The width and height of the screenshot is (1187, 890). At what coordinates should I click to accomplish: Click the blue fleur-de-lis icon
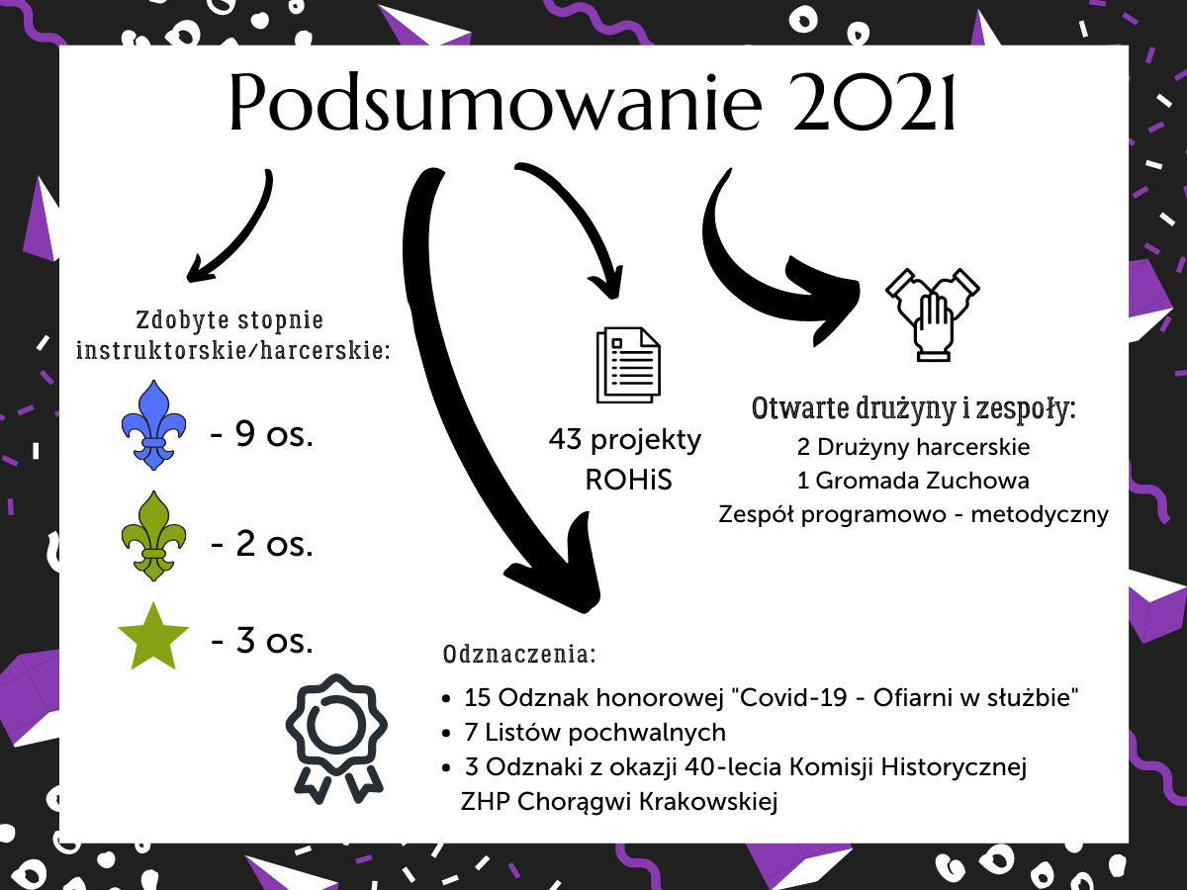pyautogui.click(x=154, y=425)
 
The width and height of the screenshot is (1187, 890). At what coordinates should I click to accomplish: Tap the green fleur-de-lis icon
pyautogui.click(x=154, y=536)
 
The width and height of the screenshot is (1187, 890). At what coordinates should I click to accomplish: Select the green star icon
pyautogui.click(x=153, y=637)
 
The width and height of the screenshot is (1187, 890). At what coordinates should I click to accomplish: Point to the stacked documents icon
pyautogui.click(x=628, y=365)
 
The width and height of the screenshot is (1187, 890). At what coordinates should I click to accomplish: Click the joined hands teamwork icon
pyautogui.click(x=933, y=314)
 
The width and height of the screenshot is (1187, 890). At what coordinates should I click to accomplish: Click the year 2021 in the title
pyautogui.click(x=873, y=103)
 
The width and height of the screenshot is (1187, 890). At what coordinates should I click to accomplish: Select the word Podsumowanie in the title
pyautogui.click(x=495, y=103)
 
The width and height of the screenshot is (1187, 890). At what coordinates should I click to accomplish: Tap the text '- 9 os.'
pyautogui.click(x=262, y=433)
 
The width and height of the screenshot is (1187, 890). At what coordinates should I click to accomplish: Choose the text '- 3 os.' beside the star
pyautogui.click(x=262, y=641)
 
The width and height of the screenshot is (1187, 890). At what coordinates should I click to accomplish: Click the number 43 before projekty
pyautogui.click(x=565, y=439)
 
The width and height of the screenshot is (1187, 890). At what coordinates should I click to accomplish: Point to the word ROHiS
pyautogui.click(x=628, y=480)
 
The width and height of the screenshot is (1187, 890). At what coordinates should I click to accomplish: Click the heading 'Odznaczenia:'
pyautogui.click(x=519, y=654)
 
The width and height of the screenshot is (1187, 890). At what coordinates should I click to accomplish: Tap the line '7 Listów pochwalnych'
pyautogui.click(x=594, y=732)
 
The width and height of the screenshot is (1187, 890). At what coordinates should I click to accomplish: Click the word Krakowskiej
pyautogui.click(x=708, y=801)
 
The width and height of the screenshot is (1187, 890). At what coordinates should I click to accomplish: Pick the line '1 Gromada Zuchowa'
pyautogui.click(x=913, y=481)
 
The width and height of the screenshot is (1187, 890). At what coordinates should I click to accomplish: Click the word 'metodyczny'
pyautogui.click(x=1040, y=514)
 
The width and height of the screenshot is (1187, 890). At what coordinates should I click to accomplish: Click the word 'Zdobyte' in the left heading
pyautogui.click(x=183, y=319)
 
